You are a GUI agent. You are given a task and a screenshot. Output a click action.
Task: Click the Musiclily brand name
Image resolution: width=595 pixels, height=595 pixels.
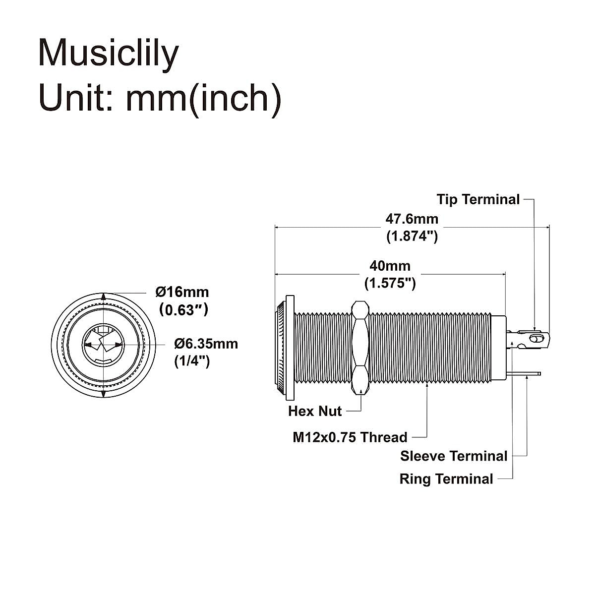tap(108, 53)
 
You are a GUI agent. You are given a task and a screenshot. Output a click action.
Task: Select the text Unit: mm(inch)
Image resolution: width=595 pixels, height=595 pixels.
tap(160, 98)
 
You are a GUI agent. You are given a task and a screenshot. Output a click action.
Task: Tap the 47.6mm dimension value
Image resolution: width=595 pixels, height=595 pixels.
tap(412, 219)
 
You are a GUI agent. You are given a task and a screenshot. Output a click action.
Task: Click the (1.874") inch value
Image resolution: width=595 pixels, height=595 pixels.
tap(412, 236)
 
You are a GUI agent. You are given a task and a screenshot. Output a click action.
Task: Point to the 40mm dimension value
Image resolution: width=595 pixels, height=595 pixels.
tap(390, 266)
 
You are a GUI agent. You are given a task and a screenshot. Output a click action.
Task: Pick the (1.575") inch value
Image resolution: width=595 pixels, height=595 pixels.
tap(390, 284)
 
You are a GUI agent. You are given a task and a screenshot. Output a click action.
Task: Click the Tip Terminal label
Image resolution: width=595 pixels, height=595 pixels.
tap(478, 199)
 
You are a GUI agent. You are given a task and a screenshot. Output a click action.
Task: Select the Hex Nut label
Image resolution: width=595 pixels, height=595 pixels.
tap(315, 411)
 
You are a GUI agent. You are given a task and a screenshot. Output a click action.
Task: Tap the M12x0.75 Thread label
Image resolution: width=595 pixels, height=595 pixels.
tap(350, 437)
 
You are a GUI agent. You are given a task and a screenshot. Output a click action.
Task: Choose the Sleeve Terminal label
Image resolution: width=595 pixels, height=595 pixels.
tap(454, 456)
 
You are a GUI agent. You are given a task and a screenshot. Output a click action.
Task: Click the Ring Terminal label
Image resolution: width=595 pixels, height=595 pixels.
tap(446, 479)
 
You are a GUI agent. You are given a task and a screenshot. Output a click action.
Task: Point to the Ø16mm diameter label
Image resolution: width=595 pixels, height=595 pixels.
tap(182, 292)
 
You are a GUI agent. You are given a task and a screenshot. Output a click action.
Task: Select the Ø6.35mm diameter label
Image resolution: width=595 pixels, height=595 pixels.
tap(206, 344)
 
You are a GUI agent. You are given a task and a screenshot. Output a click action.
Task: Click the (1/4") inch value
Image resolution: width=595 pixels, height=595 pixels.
tap(192, 361)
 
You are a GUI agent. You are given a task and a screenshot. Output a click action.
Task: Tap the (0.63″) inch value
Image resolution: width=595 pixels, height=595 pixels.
tap(182, 310)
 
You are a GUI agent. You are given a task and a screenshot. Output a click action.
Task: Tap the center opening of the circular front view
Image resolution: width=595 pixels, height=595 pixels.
tap(103, 344)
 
